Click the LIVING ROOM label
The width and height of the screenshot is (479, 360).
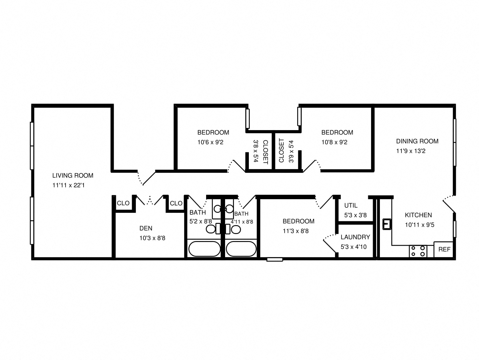(72, 175)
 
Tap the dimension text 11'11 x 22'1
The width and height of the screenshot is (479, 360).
(68, 185)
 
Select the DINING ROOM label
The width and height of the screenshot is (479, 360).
(417, 141)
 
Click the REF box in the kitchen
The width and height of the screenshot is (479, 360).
(444, 249)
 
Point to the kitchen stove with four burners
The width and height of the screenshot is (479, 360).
(418, 251)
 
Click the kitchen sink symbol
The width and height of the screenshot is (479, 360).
(387, 224)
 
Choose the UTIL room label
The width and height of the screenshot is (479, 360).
(351, 205)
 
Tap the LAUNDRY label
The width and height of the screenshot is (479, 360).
(355, 237)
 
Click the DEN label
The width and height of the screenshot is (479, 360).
(146, 228)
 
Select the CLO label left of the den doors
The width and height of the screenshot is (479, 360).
(123, 203)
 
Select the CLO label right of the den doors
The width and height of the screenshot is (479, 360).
(176, 203)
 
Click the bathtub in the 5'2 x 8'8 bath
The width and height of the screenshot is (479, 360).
(204, 249)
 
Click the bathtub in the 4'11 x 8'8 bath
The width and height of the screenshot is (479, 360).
(241, 249)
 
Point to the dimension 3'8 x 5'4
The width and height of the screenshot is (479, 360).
(256, 151)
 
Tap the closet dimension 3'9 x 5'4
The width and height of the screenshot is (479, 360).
(291, 151)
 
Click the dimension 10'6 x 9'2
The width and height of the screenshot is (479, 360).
(210, 142)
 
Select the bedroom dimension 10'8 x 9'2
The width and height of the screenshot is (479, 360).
(334, 142)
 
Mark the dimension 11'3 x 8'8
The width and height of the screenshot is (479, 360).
(295, 231)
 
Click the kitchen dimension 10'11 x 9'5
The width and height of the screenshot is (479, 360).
(419, 225)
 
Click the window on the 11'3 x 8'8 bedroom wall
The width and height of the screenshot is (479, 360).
(274, 260)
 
